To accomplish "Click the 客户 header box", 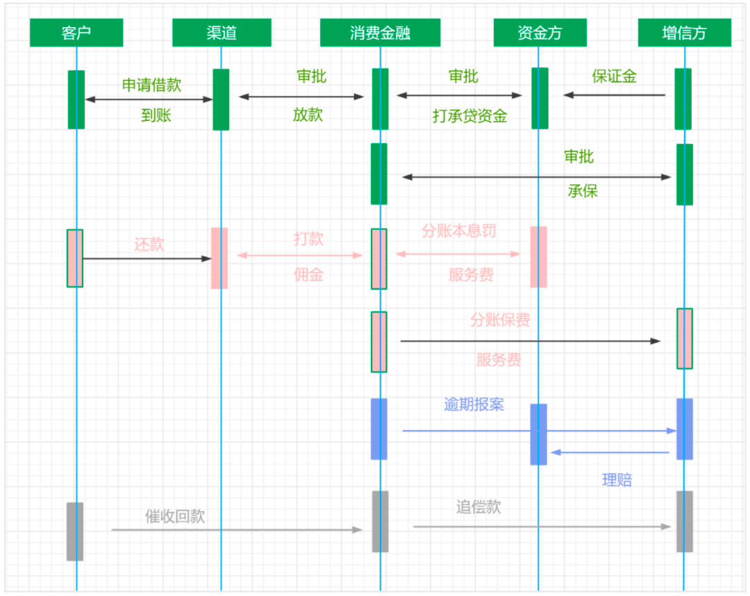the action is pyautogui.click(x=76, y=33).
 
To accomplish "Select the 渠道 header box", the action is pyautogui.click(x=222, y=33).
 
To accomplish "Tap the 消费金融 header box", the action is pyautogui.click(x=381, y=33).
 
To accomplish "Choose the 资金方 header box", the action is pyautogui.click(x=540, y=33).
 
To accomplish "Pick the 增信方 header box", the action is pyautogui.click(x=685, y=33).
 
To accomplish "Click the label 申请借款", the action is pyautogui.click(x=151, y=85).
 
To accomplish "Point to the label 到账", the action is pyautogui.click(x=156, y=115).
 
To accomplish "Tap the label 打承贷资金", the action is pyautogui.click(x=469, y=116).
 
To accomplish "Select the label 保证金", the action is pyautogui.click(x=614, y=76).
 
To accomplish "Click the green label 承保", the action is pyautogui.click(x=583, y=191).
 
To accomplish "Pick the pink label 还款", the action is pyautogui.click(x=149, y=245).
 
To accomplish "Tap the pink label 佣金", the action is pyautogui.click(x=308, y=274).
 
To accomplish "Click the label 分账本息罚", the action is pyautogui.click(x=459, y=231).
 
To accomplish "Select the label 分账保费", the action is pyautogui.click(x=500, y=320).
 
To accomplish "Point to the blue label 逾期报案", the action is pyautogui.click(x=474, y=405).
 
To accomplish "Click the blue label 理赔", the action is pyautogui.click(x=617, y=480).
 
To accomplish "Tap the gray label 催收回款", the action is pyautogui.click(x=175, y=517).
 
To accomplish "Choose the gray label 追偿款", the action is pyautogui.click(x=478, y=507).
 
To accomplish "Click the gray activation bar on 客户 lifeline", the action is pyautogui.click(x=75, y=531).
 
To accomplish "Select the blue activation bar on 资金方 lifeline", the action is pyautogui.click(x=539, y=434).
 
